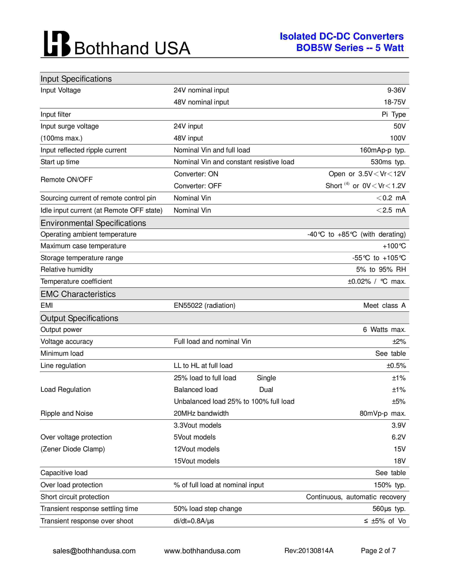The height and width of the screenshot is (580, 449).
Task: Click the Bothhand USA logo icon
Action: click(x=57, y=44)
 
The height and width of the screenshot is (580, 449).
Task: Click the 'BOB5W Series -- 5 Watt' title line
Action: click(x=350, y=48)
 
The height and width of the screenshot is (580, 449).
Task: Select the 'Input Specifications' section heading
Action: click(x=76, y=79)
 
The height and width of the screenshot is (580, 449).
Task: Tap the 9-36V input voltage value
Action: click(x=396, y=90)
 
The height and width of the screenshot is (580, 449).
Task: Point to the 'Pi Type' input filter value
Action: click(x=394, y=114)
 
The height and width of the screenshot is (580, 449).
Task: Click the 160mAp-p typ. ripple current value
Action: click(x=382, y=150)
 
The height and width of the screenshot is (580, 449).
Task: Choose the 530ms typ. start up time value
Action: click(x=388, y=162)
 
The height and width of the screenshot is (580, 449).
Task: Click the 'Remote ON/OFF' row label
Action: click(x=67, y=180)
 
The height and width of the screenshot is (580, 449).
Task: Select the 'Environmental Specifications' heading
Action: click(x=93, y=223)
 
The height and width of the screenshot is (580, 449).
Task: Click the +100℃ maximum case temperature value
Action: click(x=394, y=246)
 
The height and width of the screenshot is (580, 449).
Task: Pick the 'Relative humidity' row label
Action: click(x=67, y=270)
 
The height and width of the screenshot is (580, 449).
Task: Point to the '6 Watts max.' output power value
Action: click(x=384, y=330)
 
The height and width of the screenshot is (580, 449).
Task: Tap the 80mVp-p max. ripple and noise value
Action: click(x=382, y=414)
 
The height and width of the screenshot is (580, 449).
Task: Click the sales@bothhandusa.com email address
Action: click(x=94, y=551)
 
